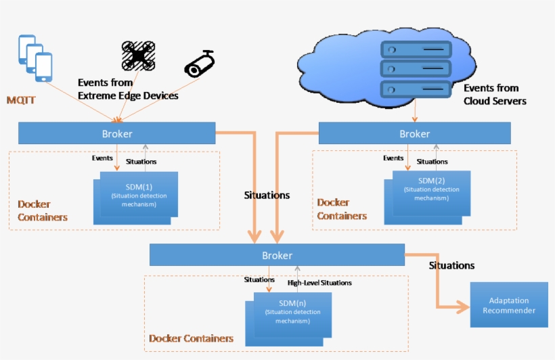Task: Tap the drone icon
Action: pyautogui.click(x=138, y=55)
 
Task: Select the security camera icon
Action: pyautogui.click(x=200, y=63)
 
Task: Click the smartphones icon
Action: pyautogui.click(x=35, y=58)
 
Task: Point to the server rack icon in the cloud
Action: pyautogui.click(x=414, y=69)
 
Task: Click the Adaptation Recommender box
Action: pyautogui.click(x=508, y=306)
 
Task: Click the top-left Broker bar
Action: pyautogui.click(x=116, y=133)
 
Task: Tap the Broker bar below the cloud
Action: pyautogui.click(x=414, y=133)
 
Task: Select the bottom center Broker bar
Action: pyautogui.click(x=277, y=255)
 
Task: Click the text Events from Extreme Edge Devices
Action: pyautogui.click(x=128, y=89)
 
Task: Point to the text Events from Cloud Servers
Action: pyautogui.click(x=494, y=95)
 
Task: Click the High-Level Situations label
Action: pyautogui.click(x=319, y=283)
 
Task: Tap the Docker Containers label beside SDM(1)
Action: pyautogui.click(x=42, y=210)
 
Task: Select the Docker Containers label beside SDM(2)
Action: pyautogui.click(x=342, y=209)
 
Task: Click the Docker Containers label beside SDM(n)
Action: pyautogui.click(x=191, y=338)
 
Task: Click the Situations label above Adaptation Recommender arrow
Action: pyautogui.click(x=451, y=266)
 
